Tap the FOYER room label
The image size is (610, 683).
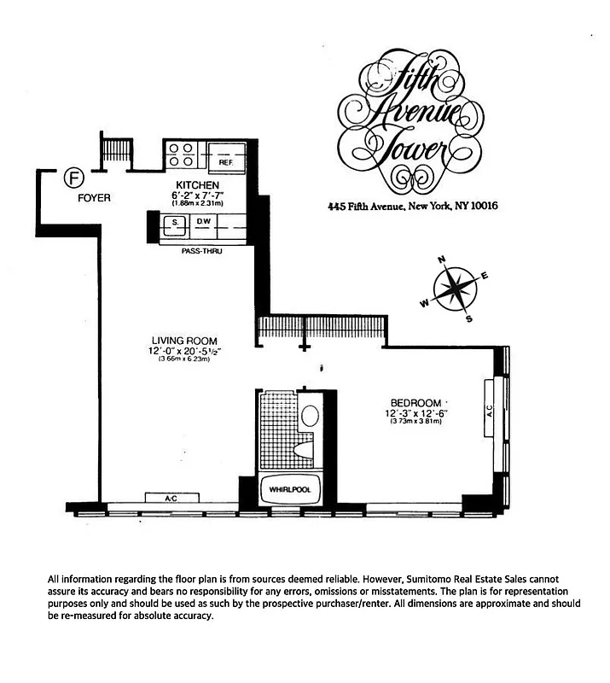click(x=94, y=198)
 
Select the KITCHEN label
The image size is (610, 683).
click(x=198, y=185)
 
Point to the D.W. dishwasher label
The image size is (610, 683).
click(x=203, y=222)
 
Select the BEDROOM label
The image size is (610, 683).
click(x=415, y=403)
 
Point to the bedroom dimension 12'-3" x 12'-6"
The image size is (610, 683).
click(x=415, y=414)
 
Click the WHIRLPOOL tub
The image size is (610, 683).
click(x=290, y=490)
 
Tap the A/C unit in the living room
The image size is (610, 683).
click(x=171, y=497)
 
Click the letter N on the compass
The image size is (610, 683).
click(x=442, y=261)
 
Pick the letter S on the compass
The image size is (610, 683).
click(x=468, y=319)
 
